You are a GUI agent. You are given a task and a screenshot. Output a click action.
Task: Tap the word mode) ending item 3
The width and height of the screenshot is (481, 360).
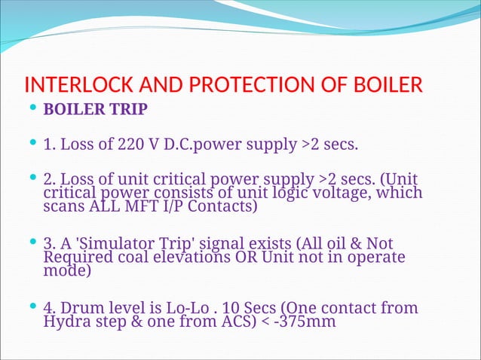click(x=68, y=270)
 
